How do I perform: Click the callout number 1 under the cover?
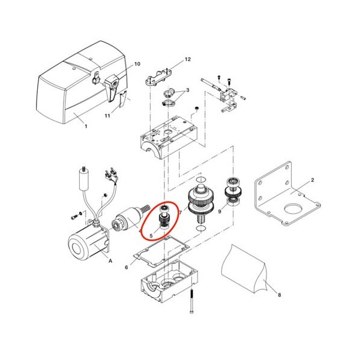click(x=86, y=126)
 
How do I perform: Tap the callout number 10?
click(x=137, y=64)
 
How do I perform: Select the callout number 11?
click(x=107, y=116)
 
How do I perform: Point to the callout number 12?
click(x=188, y=59)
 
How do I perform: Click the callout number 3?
click(x=188, y=90)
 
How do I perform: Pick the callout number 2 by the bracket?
click(x=313, y=180)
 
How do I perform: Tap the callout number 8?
click(x=280, y=295)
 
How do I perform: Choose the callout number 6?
click(x=126, y=268)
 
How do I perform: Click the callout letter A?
click(x=110, y=261)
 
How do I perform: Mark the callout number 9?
click(x=220, y=211)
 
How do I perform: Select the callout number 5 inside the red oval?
click(x=151, y=236)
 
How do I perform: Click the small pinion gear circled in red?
click(x=164, y=217)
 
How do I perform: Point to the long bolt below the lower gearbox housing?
click(x=192, y=301)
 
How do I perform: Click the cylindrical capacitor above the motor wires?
click(x=84, y=179)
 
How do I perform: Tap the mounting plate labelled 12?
click(x=158, y=78)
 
